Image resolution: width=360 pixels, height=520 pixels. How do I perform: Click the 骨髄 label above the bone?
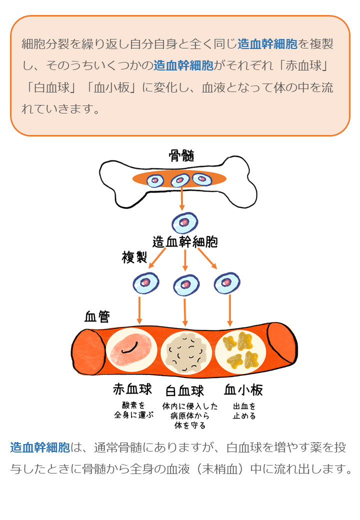click(x=181, y=155)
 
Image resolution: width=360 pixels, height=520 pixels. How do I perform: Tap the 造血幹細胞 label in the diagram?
click(x=185, y=242)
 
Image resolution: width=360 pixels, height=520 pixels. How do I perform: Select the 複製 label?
click(x=134, y=257)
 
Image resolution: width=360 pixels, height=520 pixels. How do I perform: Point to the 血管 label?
click(x=97, y=316)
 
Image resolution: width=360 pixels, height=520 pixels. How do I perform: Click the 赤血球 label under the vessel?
click(x=132, y=389)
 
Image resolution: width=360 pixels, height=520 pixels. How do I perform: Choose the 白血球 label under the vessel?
click(x=184, y=389)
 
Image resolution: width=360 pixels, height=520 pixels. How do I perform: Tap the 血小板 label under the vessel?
click(x=243, y=389)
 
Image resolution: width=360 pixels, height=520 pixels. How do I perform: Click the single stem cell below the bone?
click(x=184, y=222)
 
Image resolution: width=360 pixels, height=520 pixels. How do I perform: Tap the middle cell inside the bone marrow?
click(x=180, y=180)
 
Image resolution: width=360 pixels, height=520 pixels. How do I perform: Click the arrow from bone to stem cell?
click(x=182, y=199)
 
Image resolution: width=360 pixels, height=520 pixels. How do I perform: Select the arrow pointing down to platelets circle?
click(x=230, y=310)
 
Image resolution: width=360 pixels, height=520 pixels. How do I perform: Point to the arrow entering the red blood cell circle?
click(x=139, y=310)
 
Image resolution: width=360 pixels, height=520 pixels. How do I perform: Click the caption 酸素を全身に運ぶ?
click(x=133, y=410)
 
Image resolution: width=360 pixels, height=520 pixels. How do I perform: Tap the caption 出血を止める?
click(x=244, y=410)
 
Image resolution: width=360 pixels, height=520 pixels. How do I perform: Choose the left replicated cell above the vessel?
click(x=145, y=283)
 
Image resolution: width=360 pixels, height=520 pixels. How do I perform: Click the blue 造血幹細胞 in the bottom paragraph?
click(x=40, y=447)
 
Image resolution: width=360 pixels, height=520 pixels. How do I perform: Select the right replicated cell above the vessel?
click(x=227, y=283)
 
